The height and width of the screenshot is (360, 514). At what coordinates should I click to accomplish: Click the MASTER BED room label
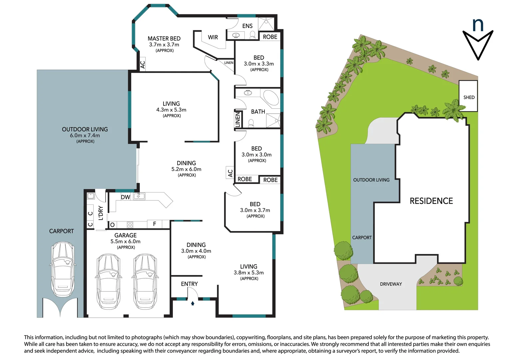click(164, 44)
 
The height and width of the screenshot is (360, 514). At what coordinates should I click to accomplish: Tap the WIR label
click(213, 37)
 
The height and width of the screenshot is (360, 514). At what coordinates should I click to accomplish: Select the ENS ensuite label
click(248, 26)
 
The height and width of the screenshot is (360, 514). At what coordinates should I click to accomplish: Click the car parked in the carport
click(62, 269)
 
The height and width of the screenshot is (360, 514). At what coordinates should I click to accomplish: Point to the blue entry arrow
click(193, 303)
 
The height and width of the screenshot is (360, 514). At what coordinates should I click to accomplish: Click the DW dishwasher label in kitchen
click(126, 197)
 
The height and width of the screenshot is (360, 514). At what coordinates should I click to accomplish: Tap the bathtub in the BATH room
click(271, 99)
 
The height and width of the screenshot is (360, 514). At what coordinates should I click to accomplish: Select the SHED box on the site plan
click(468, 96)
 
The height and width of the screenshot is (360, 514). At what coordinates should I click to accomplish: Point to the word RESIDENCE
click(431, 201)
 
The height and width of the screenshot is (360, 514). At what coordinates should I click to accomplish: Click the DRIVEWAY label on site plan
click(391, 284)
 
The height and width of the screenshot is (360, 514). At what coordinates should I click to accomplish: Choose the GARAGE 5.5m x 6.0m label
click(126, 241)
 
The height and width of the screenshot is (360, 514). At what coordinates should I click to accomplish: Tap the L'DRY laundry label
click(101, 213)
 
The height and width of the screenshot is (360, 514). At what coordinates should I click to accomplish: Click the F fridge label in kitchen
click(155, 224)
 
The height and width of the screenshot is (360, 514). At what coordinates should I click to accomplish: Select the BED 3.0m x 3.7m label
click(255, 210)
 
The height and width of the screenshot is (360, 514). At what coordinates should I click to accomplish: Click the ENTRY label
click(189, 284)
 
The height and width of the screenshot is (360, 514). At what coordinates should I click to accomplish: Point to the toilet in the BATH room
click(251, 123)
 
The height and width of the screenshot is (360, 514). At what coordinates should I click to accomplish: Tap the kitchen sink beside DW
click(139, 196)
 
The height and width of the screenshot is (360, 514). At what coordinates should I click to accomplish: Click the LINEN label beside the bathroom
click(238, 119)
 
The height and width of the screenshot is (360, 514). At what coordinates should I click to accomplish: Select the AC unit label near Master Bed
click(143, 64)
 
